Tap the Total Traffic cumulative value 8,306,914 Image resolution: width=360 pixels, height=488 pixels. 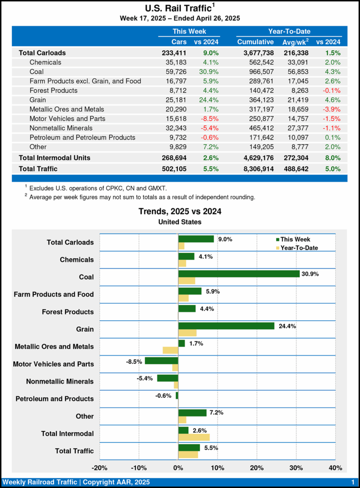click(255, 169)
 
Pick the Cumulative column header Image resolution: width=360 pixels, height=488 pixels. click(255, 42)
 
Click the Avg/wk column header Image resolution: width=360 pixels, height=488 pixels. click(296, 42)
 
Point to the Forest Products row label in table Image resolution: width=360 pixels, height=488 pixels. click(53, 90)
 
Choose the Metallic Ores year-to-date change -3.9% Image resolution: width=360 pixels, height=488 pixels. click(329, 109)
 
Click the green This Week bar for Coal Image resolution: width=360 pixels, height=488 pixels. click(239, 274)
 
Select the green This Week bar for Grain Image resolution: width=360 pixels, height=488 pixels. click(226, 325)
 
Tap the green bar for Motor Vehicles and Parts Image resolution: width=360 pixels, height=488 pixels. click(161, 360)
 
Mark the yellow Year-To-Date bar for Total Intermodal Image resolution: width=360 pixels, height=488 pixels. click(194, 437)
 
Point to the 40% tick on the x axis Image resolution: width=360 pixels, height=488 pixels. click(336, 467)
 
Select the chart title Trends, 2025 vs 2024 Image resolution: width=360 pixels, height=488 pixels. click(180, 211)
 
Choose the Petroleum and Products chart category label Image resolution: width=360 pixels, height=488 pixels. click(55, 398)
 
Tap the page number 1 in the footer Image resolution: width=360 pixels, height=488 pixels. click(352, 482)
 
